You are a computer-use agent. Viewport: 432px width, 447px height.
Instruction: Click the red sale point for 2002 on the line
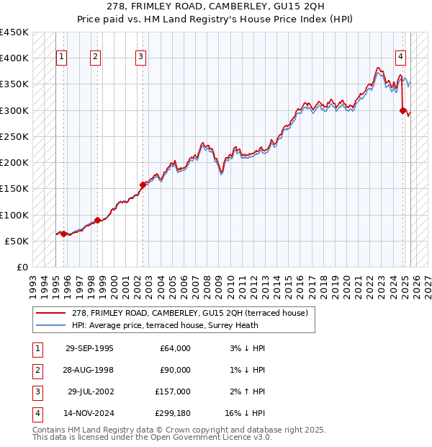(143, 185)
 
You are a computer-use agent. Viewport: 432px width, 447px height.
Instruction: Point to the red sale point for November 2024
(403, 110)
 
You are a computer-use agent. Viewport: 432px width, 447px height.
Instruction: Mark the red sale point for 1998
(97, 220)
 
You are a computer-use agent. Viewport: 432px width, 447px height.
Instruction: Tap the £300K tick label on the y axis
(14, 110)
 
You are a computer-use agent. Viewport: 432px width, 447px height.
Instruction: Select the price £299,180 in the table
(173, 414)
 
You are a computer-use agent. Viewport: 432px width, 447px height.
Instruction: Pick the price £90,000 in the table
(175, 370)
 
